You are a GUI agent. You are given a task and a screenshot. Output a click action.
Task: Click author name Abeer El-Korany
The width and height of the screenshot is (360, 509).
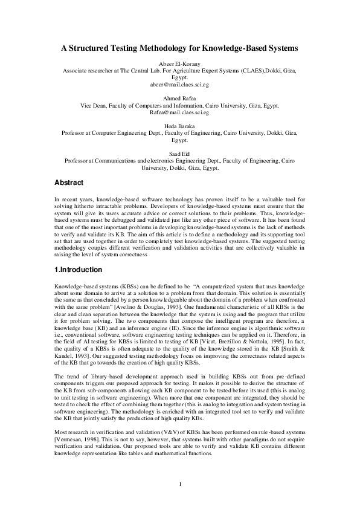tap(179, 64)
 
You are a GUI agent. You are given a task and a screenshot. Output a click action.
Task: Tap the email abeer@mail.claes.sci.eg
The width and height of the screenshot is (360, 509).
tap(179, 85)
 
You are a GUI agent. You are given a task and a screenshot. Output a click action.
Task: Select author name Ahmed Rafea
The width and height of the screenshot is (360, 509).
tap(179, 99)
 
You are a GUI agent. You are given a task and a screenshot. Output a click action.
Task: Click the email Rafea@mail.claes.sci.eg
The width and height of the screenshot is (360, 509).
tap(179, 112)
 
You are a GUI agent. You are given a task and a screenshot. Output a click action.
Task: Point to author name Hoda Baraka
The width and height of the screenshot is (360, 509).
tap(179, 126)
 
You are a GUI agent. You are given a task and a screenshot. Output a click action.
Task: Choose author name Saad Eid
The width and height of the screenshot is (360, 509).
tap(179, 154)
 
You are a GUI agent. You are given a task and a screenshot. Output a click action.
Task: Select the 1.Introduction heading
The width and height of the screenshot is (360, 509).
tap(78, 269)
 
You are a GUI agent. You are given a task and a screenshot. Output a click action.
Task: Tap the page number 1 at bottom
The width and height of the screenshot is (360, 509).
tap(180, 483)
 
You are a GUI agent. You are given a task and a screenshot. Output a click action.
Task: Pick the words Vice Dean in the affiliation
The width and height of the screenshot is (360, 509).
tap(94, 106)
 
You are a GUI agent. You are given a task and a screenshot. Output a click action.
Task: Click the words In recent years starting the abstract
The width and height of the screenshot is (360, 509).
tap(74, 199)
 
